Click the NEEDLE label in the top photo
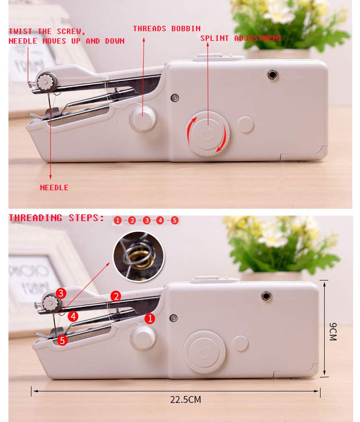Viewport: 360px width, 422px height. [x=54, y=187]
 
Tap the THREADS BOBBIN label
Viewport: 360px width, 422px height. [x=167, y=29]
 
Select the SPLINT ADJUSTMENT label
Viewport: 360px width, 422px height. [x=241, y=38]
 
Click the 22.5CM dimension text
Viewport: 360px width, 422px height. [x=185, y=400]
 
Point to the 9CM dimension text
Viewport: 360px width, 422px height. [x=333, y=331]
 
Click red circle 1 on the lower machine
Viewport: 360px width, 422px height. [x=150, y=319]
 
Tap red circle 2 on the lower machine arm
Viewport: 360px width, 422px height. [x=116, y=296]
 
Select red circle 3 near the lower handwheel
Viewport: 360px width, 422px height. [x=61, y=293]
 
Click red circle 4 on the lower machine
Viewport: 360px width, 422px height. [x=73, y=316]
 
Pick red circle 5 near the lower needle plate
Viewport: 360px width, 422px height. [x=62, y=340]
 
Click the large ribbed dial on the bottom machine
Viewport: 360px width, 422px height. [x=204, y=352]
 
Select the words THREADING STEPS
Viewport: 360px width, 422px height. [x=56, y=218]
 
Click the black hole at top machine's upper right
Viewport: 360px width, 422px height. [x=273, y=74]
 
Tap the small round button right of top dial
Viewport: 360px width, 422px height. [x=245, y=124]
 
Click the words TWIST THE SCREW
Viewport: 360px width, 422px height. [x=47, y=31]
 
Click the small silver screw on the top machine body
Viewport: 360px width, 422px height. [x=175, y=97]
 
